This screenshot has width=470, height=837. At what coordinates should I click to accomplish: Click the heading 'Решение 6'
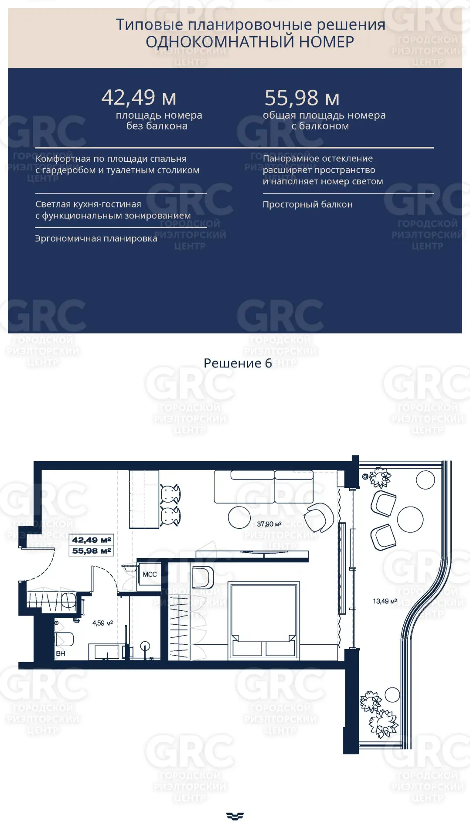[x=238, y=363]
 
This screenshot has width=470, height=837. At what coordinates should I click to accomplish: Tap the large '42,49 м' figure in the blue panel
[x=139, y=97]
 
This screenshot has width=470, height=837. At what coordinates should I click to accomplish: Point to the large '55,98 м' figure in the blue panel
[x=302, y=98]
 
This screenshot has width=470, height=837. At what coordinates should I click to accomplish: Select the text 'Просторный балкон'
[x=307, y=204]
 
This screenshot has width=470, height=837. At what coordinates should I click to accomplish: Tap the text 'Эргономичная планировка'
[x=96, y=238]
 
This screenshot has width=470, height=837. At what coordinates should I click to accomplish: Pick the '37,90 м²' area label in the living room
[x=269, y=524]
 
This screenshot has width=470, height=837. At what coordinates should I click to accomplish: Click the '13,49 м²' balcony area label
[x=385, y=601]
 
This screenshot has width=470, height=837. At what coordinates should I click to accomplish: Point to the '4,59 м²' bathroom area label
[x=102, y=623]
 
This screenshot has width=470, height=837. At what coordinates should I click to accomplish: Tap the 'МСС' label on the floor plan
[x=150, y=575]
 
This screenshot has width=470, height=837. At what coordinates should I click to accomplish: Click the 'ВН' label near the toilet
[x=60, y=653]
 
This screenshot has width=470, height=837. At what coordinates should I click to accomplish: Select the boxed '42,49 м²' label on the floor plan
[x=92, y=540]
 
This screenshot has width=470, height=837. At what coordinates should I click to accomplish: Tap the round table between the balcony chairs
[x=410, y=520]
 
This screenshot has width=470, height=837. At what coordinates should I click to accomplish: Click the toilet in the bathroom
[x=64, y=639]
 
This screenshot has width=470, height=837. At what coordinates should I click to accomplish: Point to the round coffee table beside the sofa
[x=239, y=517]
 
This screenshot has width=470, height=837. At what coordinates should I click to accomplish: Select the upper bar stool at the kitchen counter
[x=170, y=494]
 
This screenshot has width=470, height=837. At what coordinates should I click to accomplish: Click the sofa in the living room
[x=264, y=487]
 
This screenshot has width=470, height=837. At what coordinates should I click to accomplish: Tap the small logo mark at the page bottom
[x=235, y=816]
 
